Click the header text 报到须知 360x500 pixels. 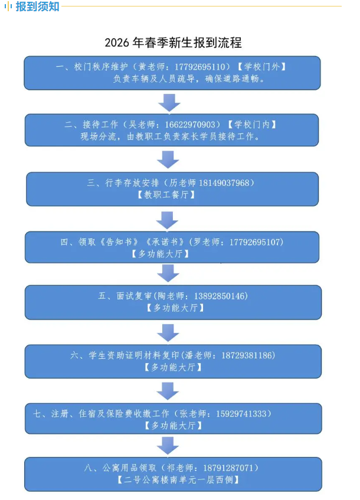pyautogui.click(x=37, y=7)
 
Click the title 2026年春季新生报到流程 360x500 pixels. pyautogui.click(x=173, y=43)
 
